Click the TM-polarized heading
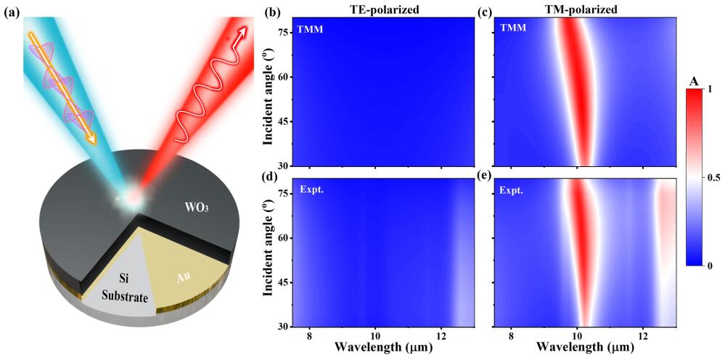[x=585, y=10]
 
